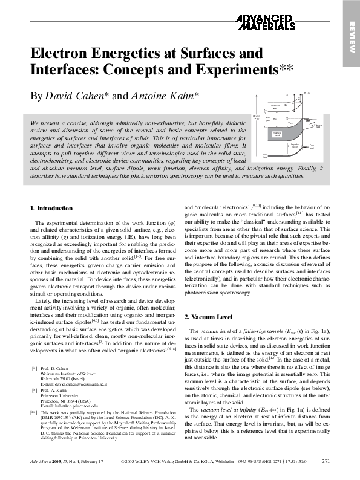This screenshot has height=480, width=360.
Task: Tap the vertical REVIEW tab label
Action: click(352, 35)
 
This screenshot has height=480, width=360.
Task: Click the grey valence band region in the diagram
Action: click(277, 134)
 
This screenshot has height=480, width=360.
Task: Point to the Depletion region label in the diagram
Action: click(295, 146)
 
